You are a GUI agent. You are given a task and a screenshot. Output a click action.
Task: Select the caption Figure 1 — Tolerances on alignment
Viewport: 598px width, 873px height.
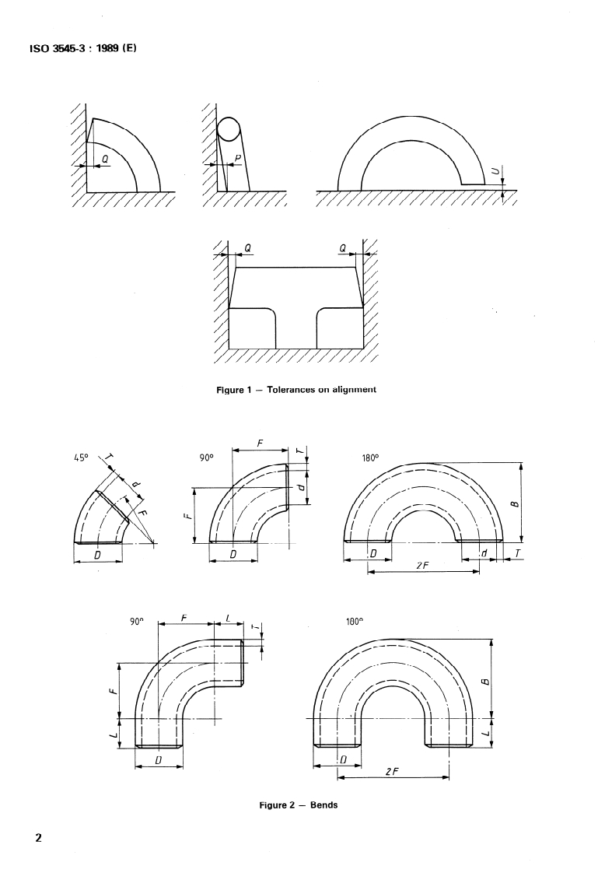[x=296, y=389]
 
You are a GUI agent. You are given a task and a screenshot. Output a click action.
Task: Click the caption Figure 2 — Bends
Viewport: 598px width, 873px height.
[x=299, y=805]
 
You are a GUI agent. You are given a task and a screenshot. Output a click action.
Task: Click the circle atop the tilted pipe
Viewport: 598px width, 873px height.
[x=229, y=128]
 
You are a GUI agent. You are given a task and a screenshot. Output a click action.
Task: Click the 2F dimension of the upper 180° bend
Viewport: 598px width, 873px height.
[x=422, y=565]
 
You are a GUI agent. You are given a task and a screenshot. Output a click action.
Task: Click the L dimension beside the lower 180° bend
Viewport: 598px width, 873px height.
[x=484, y=733]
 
